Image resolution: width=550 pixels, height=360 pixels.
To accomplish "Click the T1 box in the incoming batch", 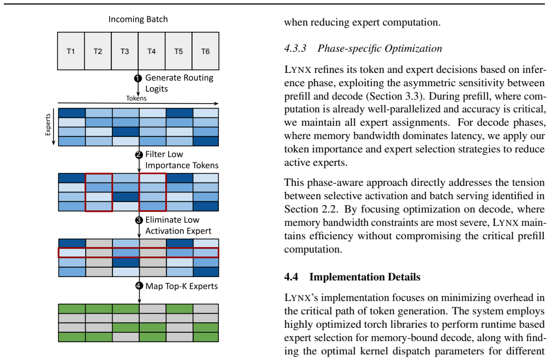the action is click(71, 51).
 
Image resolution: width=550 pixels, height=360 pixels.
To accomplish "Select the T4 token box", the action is click(151, 51).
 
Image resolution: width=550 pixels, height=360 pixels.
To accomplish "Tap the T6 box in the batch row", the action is click(205, 51).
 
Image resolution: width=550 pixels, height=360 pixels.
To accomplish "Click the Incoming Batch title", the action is click(138, 19).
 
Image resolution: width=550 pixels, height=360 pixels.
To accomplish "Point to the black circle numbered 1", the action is click(138, 78).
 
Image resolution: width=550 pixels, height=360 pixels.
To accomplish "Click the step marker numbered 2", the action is click(139, 155).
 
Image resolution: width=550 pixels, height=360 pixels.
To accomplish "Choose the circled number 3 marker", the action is click(139, 220).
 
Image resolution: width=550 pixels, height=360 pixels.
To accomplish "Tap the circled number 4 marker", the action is click(139, 286).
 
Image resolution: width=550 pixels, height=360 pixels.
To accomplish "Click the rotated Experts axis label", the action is click(48, 125).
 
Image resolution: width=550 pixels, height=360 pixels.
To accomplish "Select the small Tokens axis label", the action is click(136, 98).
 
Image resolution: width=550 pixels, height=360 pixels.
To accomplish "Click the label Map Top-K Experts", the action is click(181, 287).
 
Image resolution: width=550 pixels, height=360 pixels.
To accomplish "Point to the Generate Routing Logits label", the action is click(179, 83).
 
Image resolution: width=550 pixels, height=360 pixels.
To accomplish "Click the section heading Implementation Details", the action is click(365, 277).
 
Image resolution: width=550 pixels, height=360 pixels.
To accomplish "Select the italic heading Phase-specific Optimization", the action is click(380, 48).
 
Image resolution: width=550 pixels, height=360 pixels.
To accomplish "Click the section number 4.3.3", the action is click(296, 48).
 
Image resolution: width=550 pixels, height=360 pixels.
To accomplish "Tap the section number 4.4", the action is click(291, 277).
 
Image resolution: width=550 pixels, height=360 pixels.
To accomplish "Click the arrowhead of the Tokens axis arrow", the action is click(216, 103).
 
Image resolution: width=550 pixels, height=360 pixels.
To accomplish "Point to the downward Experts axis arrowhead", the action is click(53, 142).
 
